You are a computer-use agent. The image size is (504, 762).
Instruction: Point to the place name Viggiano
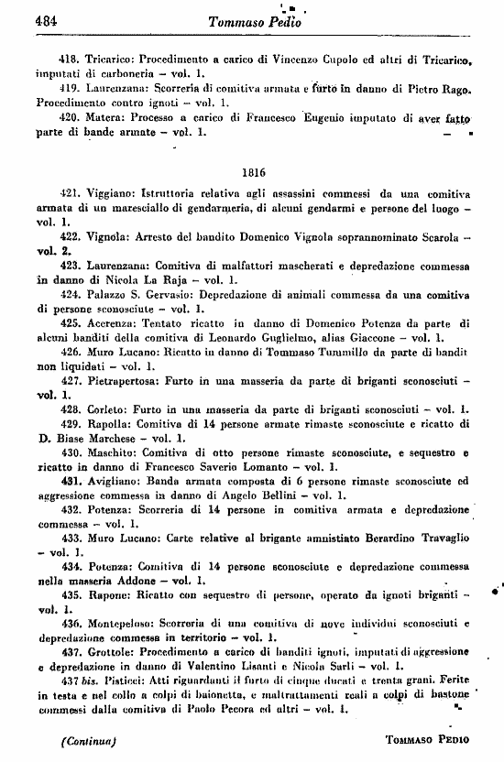click(x=112, y=194)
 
